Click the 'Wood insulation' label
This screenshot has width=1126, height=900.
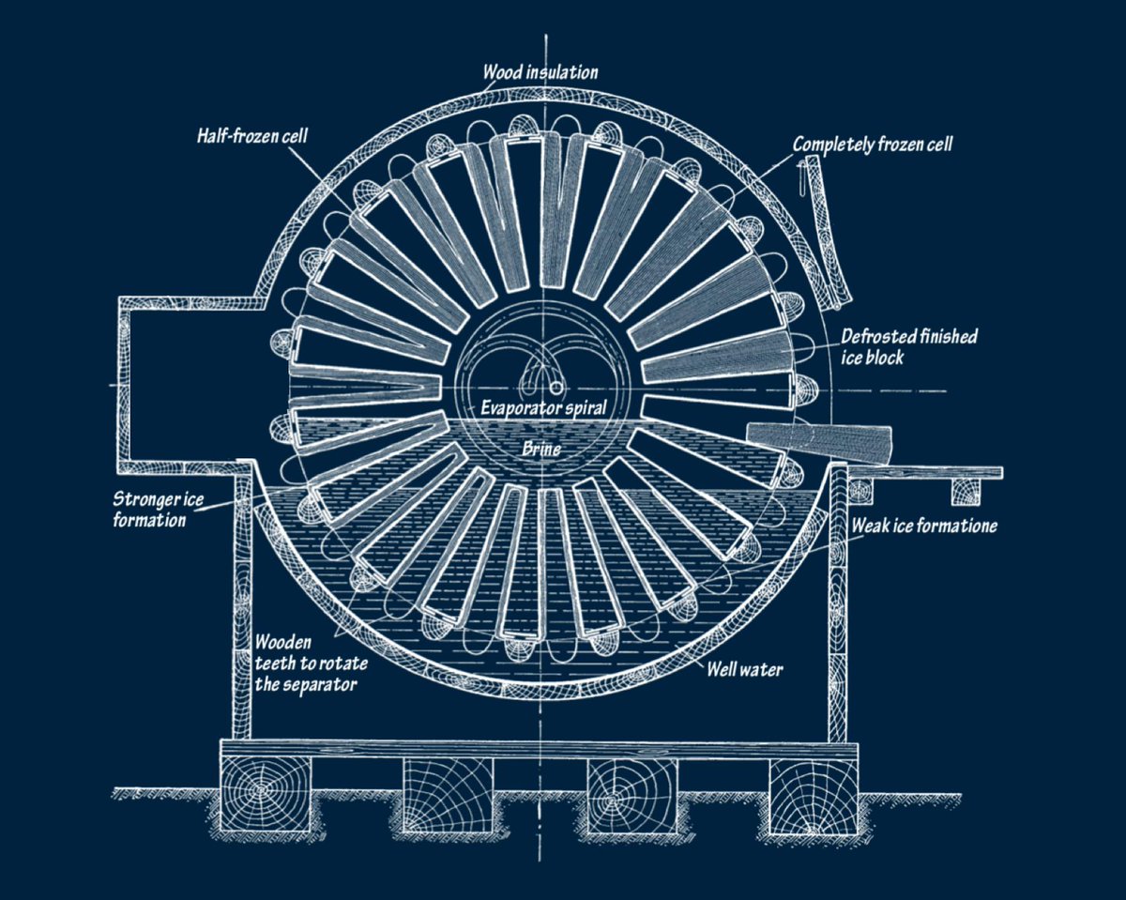pyautogui.click(x=540, y=72)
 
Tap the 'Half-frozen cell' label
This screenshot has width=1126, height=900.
pyautogui.click(x=252, y=136)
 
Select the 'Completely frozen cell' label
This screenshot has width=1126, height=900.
pyautogui.click(x=873, y=145)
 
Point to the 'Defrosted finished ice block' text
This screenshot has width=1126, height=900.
pyautogui.click(x=909, y=346)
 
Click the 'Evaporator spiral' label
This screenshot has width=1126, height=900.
pyautogui.click(x=543, y=407)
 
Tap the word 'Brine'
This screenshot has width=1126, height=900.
pyautogui.click(x=541, y=449)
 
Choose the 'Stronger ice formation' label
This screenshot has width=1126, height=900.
pyautogui.click(x=158, y=510)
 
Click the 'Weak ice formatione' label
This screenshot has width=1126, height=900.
pyautogui.click(x=924, y=526)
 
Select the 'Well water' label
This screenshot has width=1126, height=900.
pyautogui.click(x=744, y=669)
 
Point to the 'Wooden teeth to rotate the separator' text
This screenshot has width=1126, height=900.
pyautogui.click(x=311, y=663)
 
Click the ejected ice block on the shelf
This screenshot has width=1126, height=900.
pyautogui.click(x=819, y=445)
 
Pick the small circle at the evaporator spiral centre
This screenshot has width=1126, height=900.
pyautogui.click(x=555, y=389)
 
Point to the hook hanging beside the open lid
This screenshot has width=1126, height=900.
pyautogui.click(x=799, y=178)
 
